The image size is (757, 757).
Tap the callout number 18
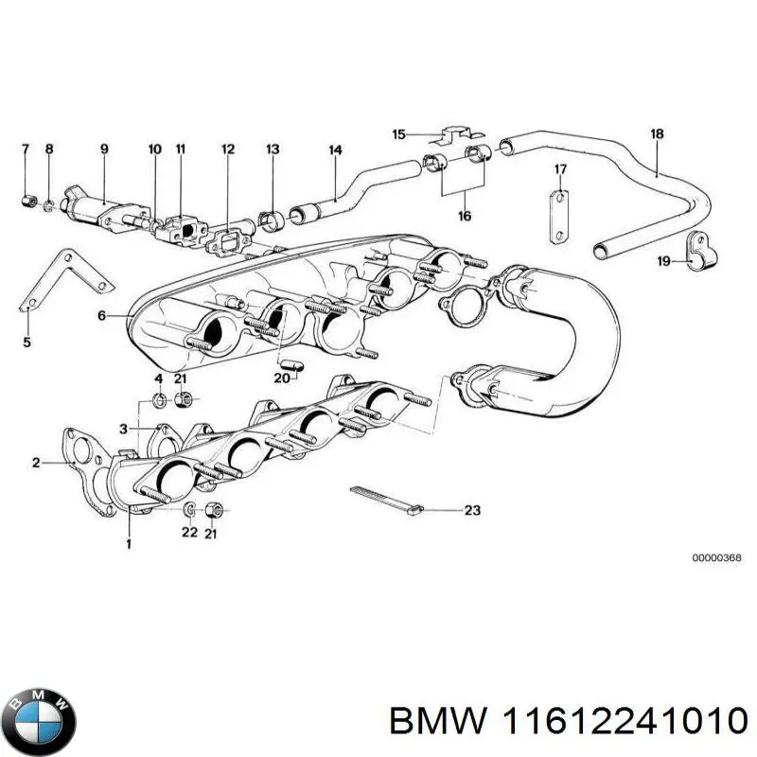[x=657, y=133]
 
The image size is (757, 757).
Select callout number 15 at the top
[x=398, y=134]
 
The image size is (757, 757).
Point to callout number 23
[x=472, y=510]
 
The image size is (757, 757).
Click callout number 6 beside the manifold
[x=102, y=315]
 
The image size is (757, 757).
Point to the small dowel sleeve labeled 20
[x=290, y=362]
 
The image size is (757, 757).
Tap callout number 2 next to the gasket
[x=35, y=463]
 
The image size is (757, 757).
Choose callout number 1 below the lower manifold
[x=129, y=543]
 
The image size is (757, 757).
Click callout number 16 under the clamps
[x=464, y=216]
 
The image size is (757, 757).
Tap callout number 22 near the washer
[x=189, y=533]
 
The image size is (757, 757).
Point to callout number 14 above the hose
[x=335, y=150]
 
